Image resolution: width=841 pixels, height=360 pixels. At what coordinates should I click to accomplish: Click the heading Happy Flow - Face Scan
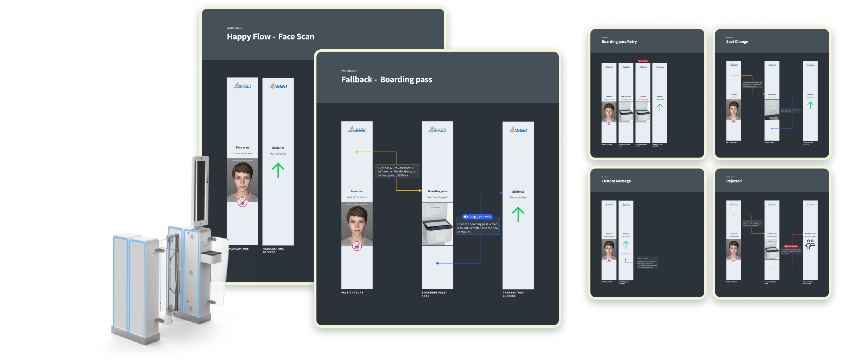tap(270, 37)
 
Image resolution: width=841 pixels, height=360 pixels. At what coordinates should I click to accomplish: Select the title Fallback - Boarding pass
tap(387, 80)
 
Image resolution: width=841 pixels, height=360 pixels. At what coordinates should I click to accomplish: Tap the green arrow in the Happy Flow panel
tap(278, 171)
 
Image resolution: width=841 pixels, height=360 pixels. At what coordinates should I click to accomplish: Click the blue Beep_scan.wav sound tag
tap(477, 217)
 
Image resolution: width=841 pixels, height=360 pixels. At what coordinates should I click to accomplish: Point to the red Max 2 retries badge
tap(643, 61)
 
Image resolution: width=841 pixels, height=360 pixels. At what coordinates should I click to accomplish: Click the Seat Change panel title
tap(737, 41)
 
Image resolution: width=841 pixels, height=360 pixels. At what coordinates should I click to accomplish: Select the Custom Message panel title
tap(616, 181)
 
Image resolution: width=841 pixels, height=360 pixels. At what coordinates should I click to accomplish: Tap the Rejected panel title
tap(734, 181)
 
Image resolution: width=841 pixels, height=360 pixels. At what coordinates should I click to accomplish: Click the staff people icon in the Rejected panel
tap(810, 244)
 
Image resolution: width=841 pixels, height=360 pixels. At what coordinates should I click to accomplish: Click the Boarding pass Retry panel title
tap(619, 41)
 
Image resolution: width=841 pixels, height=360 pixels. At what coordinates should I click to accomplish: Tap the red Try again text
tap(643, 96)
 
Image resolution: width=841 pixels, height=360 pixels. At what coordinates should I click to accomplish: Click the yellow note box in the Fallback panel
tap(397, 171)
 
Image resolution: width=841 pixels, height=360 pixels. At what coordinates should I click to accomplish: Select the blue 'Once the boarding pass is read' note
tap(478, 228)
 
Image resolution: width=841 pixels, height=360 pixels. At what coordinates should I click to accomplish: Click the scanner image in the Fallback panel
tap(437, 224)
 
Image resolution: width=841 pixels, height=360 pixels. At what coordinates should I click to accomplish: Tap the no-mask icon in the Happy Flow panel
tap(242, 202)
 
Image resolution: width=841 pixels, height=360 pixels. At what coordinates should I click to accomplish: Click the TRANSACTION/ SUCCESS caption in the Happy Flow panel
tap(273, 250)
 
